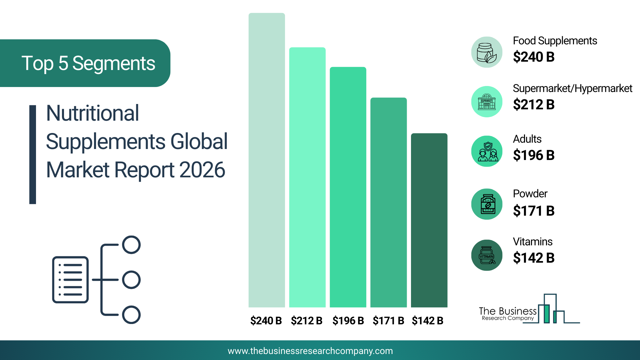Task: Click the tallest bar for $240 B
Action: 267,160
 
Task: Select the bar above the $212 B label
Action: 307,177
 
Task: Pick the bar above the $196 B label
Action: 348,187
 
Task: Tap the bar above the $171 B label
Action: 389,202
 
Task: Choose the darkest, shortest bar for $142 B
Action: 429,220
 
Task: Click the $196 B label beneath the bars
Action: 348,321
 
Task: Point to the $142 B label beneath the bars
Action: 428,321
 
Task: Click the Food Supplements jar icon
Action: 487,52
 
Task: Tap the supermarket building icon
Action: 487,102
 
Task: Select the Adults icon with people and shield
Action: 487,151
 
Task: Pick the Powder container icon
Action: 487,204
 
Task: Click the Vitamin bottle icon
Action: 487,255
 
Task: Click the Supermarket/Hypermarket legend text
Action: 572,89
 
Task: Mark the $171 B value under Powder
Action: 534,211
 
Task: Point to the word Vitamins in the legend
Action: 533,241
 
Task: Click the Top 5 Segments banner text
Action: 88,63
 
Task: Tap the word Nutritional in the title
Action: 93,113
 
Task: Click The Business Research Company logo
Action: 529,309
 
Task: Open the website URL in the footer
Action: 310,351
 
